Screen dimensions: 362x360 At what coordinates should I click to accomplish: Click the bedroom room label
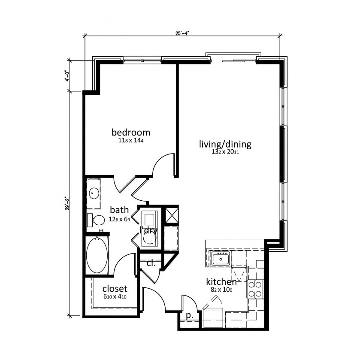pos(131,132)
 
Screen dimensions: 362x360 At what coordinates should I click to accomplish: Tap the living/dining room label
pos(225,144)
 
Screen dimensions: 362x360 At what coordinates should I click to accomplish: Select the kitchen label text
pos(221,282)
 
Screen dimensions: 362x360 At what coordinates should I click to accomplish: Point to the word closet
pos(115,289)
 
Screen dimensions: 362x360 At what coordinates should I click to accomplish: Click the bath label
pos(119,210)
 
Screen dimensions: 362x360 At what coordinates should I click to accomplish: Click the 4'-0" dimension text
pos(67,76)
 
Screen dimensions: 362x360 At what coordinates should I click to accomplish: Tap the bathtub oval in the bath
pos(97,256)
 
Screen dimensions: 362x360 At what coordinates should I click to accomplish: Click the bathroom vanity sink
pos(94,193)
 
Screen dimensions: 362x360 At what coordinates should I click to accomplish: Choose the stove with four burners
pos(255,289)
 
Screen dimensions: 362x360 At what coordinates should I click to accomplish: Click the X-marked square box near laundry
pos(172,214)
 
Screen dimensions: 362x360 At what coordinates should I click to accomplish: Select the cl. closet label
pos(151,263)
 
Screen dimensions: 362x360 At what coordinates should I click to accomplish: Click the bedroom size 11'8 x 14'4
pos(131,141)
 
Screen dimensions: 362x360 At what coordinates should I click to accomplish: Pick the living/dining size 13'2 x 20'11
pos(225,152)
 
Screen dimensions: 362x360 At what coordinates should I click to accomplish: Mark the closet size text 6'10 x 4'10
pos(115,297)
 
